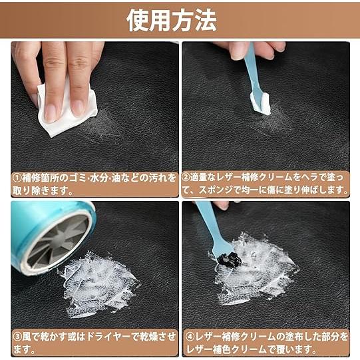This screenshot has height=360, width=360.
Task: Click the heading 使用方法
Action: point(172,21)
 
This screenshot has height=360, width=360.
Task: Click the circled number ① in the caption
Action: point(17,178)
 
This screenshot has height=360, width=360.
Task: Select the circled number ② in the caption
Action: point(189,178)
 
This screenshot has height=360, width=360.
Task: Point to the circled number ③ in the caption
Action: point(17,337)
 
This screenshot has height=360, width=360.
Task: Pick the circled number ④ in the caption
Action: point(189,337)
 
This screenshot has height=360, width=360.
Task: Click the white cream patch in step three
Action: point(100,283)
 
